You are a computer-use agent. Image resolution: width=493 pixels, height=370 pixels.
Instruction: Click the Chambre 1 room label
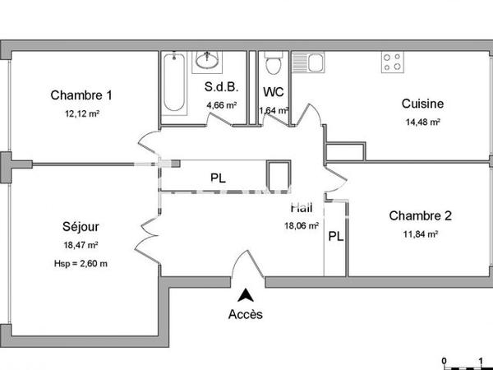point(81,95)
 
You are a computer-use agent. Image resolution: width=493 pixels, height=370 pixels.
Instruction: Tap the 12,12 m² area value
point(81,113)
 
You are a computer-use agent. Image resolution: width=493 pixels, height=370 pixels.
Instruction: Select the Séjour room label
point(81,226)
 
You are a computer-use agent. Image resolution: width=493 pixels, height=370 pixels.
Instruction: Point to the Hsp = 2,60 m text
point(81,263)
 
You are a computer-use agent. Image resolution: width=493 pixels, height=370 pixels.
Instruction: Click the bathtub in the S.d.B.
point(174,86)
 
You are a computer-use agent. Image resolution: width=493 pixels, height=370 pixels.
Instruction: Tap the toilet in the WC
point(273,63)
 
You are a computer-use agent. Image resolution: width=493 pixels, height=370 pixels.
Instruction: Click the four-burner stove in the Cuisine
point(392,62)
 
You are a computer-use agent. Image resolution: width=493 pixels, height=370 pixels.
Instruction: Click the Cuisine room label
point(422,104)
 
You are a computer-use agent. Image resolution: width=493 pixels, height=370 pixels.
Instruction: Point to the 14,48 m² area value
point(422,123)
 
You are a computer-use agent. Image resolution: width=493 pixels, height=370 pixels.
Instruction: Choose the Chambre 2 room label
point(420,216)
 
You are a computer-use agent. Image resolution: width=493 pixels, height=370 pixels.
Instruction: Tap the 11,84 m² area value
point(421,234)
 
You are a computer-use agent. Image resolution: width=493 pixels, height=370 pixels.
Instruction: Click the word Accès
point(246,314)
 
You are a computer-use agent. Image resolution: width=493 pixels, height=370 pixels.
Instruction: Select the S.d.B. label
point(220,87)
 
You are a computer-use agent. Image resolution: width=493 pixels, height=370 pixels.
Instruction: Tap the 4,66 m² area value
point(221,105)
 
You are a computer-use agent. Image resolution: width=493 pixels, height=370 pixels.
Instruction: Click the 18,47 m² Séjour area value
point(81,245)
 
